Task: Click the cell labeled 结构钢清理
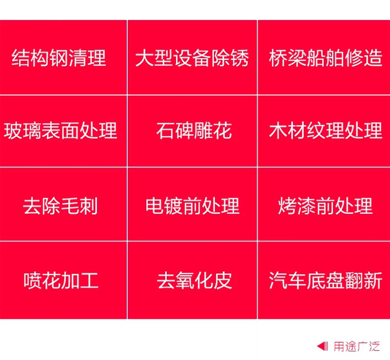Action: [x=63, y=57]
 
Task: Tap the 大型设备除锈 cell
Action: [x=192, y=57]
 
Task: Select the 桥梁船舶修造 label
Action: [x=326, y=58]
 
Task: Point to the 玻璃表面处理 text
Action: [x=60, y=130]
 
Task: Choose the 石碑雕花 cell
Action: [x=192, y=131]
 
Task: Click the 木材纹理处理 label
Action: [x=326, y=130]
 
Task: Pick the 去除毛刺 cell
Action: [x=63, y=204]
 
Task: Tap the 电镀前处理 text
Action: [x=192, y=206]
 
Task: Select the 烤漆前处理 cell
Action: [x=324, y=204]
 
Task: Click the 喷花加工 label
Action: [x=61, y=281]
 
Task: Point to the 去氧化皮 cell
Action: [x=192, y=280]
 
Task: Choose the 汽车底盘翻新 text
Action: [x=326, y=281]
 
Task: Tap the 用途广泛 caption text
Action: [x=357, y=346]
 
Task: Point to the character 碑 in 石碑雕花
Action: [x=185, y=130]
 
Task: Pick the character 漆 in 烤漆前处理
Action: [x=306, y=206]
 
